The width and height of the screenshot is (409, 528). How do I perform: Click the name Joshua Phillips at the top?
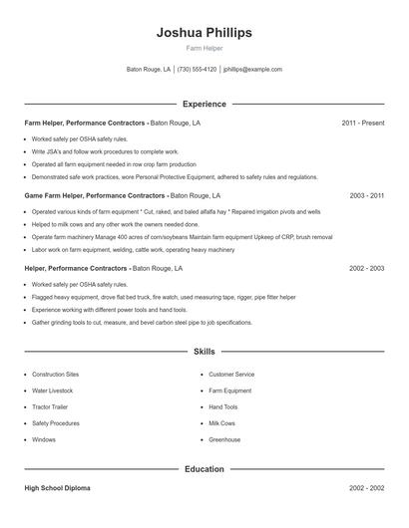click(204, 33)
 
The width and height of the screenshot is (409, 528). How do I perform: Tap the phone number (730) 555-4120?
click(197, 70)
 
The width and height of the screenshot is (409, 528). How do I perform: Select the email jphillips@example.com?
click(252, 70)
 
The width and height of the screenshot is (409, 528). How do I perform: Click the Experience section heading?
click(204, 104)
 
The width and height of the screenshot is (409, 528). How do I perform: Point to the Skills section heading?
click(204, 352)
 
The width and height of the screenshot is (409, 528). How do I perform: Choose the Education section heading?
click(204, 468)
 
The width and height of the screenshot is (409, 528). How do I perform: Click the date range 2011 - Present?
click(362, 123)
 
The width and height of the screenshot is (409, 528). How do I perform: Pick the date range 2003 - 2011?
click(366, 196)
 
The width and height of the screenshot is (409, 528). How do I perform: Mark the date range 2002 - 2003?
click(366, 269)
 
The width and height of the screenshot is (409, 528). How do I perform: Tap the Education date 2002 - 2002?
click(366, 488)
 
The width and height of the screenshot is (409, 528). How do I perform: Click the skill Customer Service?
click(230, 375)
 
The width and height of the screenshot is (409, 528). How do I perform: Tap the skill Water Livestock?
click(53, 391)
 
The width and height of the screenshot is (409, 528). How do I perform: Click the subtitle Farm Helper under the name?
click(204, 49)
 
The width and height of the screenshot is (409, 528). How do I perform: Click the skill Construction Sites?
click(55, 375)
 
